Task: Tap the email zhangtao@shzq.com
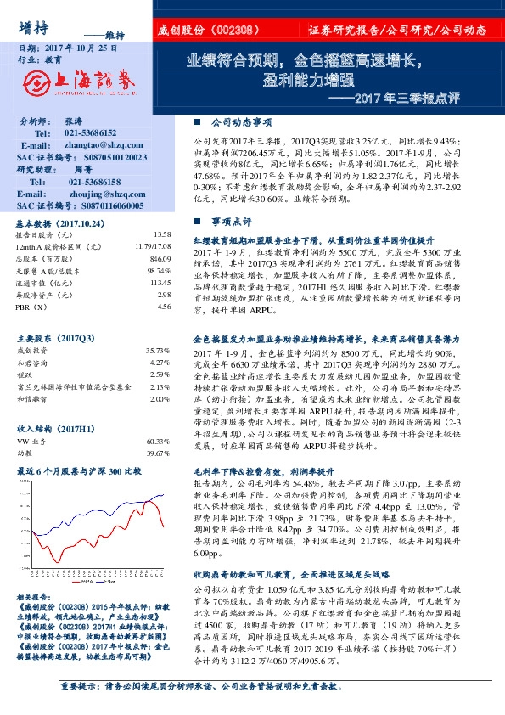pos(99,146)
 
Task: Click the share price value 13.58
pos(162,234)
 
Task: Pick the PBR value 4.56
pos(164,307)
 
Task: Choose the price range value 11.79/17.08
pos(152,246)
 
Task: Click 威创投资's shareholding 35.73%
pos(157,350)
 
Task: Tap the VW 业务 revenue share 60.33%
pos(157,442)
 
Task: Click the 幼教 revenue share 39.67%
pos(157,453)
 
